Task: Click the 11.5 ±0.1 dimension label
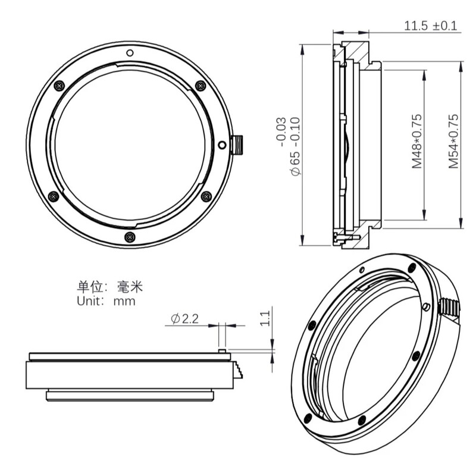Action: (x=431, y=26)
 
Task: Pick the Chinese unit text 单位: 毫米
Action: (x=110, y=287)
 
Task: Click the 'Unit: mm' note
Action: (x=106, y=301)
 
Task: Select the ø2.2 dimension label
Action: (x=184, y=319)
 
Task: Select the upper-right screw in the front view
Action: (x=201, y=86)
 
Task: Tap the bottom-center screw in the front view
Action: (x=129, y=237)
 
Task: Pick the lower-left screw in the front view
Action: (x=53, y=196)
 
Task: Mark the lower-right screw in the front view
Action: (x=206, y=196)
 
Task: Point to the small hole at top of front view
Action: (x=129, y=52)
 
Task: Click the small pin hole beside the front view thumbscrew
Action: (x=221, y=145)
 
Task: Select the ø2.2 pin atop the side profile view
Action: (x=221, y=351)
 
